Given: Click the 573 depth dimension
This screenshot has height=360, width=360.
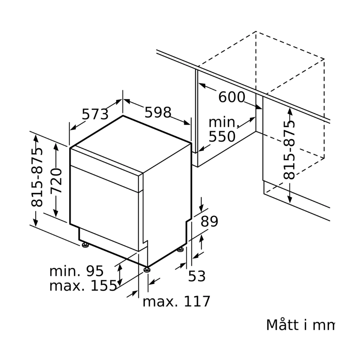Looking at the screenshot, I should pyautogui.click(x=95, y=114).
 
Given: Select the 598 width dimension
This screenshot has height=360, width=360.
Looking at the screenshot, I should pyautogui.click(x=158, y=113).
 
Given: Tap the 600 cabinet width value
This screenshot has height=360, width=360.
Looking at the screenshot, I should pyautogui.click(x=231, y=97).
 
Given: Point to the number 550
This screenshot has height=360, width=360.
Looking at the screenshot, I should pyautogui.click(x=222, y=137).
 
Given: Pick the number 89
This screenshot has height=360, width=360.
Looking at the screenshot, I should pyautogui.click(x=209, y=221).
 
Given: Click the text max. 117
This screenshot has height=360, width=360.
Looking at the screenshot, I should pyautogui.click(x=176, y=301).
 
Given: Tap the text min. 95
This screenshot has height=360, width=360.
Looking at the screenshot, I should pyautogui.click(x=76, y=271).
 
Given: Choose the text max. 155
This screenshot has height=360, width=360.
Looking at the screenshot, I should pyautogui.click(x=83, y=286).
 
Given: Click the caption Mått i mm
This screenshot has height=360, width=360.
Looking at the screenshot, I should pyautogui.click(x=300, y=325).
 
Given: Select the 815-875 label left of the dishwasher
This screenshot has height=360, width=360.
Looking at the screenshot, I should pyautogui.click(x=37, y=177).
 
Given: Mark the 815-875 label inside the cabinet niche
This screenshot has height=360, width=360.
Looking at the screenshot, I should pyautogui.click(x=289, y=150).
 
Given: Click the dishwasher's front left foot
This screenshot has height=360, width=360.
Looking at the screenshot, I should pyautogui.click(x=85, y=246).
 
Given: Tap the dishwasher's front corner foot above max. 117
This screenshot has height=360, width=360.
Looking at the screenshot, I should pyautogui.click(x=146, y=269).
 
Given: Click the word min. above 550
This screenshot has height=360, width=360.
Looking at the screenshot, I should pyautogui.click(x=224, y=123).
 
